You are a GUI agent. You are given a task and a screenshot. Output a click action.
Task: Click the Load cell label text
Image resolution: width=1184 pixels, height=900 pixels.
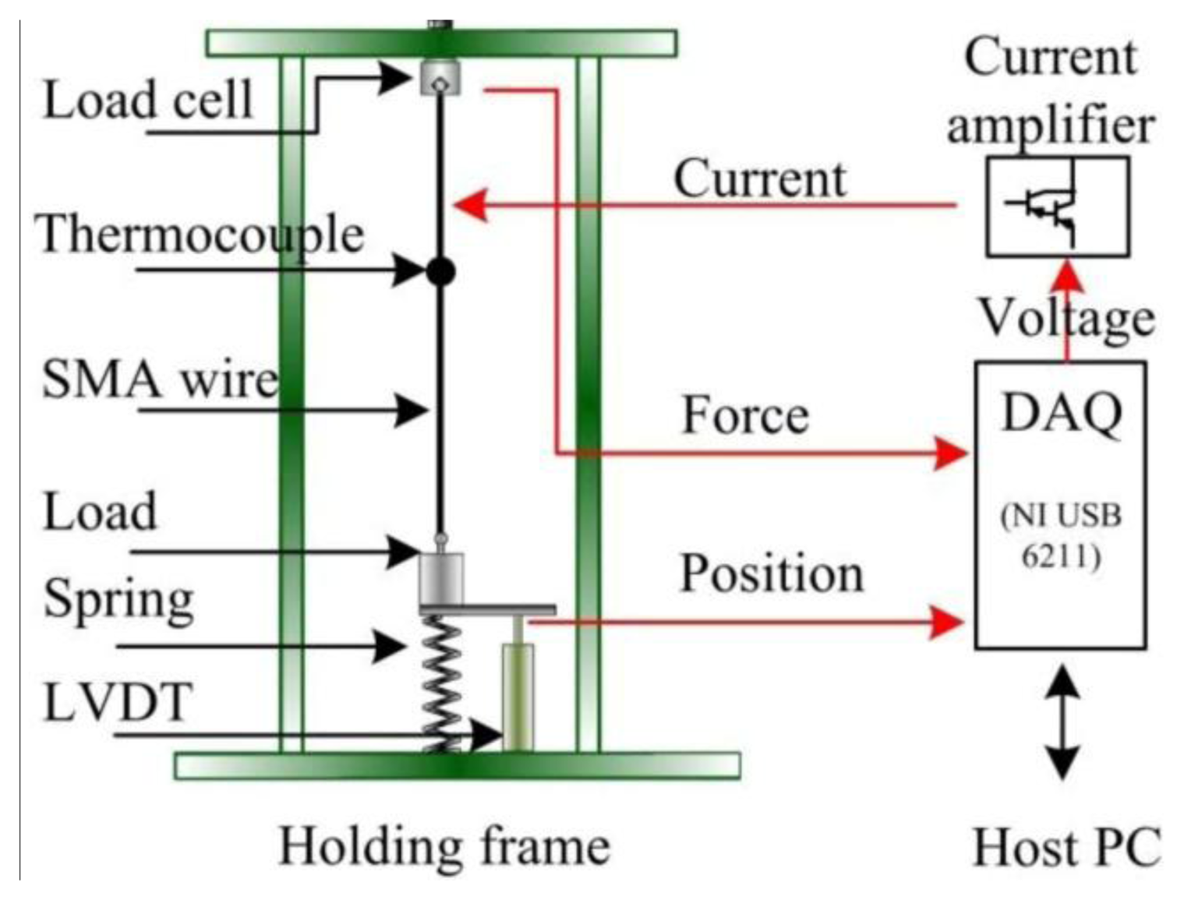click(x=147, y=100)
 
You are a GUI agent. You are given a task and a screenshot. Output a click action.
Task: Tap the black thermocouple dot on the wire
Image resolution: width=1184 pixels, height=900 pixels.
click(x=440, y=272)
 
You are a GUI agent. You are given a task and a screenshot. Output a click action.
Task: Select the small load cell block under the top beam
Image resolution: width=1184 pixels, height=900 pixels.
click(x=440, y=79)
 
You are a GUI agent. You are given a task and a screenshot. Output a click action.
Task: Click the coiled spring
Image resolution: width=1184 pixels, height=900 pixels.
click(x=441, y=683)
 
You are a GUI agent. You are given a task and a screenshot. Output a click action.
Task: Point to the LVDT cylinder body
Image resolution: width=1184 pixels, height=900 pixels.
click(x=518, y=695)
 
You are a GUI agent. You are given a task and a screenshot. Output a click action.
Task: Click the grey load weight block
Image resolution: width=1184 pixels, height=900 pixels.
click(x=441, y=577)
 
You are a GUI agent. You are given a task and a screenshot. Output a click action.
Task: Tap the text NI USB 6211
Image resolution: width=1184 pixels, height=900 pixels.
click(x=1061, y=535)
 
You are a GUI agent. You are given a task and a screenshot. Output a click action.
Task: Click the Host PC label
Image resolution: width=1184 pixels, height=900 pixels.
click(x=1066, y=847)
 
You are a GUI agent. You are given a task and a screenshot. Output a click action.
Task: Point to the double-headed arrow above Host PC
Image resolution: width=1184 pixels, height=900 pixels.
click(x=1062, y=722)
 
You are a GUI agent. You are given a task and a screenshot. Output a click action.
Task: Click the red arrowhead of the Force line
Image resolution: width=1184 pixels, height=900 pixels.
click(x=950, y=453)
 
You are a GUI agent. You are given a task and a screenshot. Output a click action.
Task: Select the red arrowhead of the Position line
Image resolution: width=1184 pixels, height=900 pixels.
click(x=947, y=622)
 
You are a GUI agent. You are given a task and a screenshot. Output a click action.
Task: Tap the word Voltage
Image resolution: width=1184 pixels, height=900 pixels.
click(x=1066, y=318)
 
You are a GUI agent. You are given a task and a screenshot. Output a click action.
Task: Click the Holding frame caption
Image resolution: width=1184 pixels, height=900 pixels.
click(x=444, y=846)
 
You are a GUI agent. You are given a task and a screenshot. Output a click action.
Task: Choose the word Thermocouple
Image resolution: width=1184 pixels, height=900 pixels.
click(x=200, y=234)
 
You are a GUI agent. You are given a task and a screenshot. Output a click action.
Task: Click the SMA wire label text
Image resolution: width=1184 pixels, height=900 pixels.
click(x=160, y=379)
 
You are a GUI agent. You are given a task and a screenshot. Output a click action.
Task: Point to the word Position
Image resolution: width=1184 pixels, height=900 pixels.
click(x=772, y=574)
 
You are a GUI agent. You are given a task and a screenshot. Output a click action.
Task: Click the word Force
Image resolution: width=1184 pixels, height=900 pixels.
click(x=745, y=415)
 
